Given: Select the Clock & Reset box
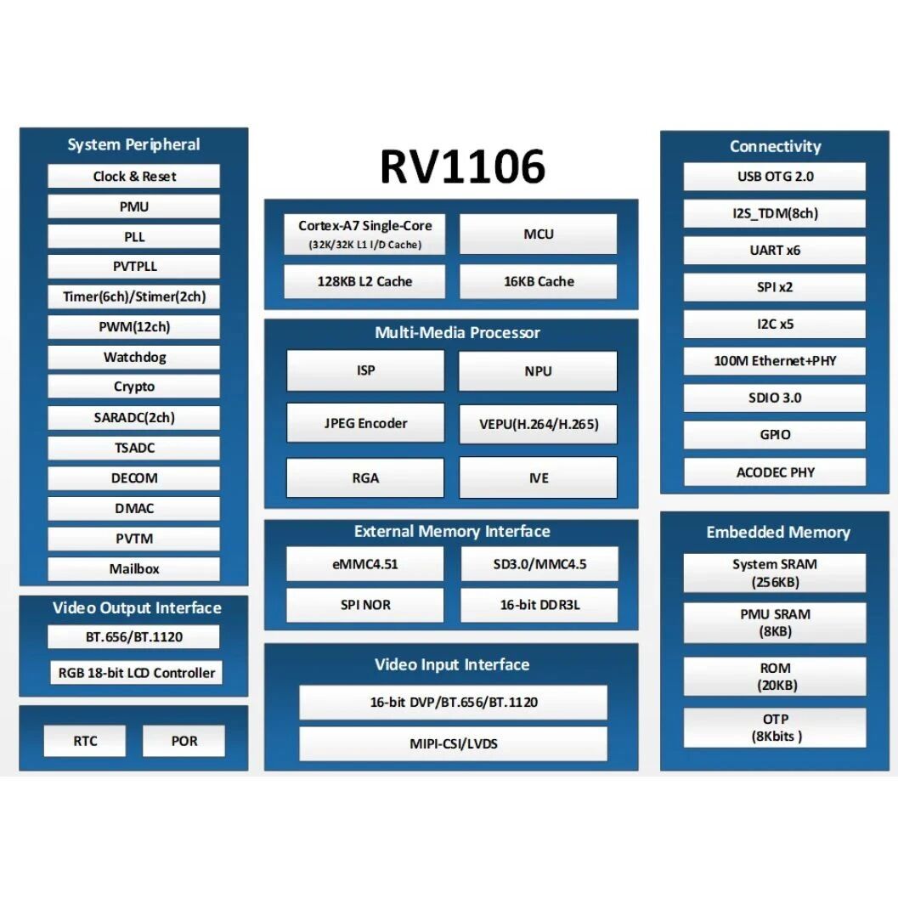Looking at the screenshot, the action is point(134,177).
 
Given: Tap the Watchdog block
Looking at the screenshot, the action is point(134,357).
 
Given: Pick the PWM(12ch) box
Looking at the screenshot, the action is point(134,327).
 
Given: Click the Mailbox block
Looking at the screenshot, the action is point(134,569).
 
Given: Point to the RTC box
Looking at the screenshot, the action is point(85,741).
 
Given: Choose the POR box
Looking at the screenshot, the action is point(184,741).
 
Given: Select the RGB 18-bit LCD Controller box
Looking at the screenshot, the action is point(136,673).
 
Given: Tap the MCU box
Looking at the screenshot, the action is point(539,234).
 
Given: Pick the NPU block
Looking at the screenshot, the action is point(538,371).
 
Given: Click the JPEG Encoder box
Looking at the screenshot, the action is point(365,423).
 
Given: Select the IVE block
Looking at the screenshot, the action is point(539,477).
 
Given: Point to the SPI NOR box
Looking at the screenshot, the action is point(365,606).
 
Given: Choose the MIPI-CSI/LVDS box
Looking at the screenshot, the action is point(453,744).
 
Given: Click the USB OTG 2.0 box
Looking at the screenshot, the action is point(775,177).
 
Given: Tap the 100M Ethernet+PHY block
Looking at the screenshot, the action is point(775,361).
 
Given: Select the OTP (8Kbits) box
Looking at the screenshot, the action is point(775,728).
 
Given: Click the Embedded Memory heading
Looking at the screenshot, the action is point(777,533).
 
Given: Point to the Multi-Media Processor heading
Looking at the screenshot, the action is point(457,333).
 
